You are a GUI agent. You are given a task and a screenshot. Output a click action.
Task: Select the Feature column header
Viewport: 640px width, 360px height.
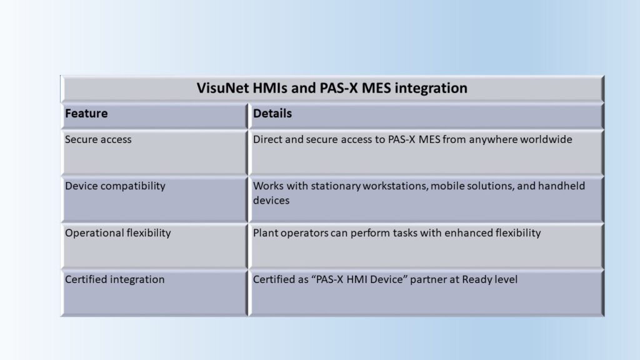[x=86, y=114]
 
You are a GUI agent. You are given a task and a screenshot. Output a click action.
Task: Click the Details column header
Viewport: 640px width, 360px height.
[x=272, y=114]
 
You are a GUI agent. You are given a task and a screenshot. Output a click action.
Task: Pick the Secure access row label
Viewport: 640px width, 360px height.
[x=98, y=139]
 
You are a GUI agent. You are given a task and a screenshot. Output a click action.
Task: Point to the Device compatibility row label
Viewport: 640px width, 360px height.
[x=115, y=186]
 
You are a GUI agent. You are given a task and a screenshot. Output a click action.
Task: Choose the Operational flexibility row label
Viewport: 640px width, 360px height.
[x=118, y=233]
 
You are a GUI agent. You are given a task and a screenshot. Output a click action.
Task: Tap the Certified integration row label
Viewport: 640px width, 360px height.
[x=115, y=279]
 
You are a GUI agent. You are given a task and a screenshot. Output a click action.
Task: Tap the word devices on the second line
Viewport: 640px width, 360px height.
[x=271, y=201]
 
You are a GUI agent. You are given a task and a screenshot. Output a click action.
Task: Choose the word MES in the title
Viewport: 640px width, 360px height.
[x=376, y=88]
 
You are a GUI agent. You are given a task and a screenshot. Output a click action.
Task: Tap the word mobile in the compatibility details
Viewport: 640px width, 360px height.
[x=444, y=186]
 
